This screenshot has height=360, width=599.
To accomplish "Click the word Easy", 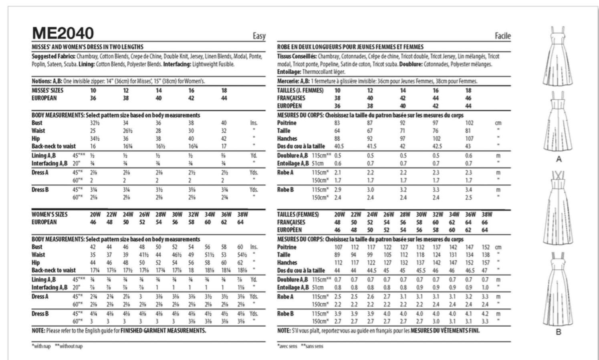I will (x=259, y=36).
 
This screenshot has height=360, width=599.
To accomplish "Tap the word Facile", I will (x=502, y=36).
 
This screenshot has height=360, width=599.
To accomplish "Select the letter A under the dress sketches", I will (x=559, y=159).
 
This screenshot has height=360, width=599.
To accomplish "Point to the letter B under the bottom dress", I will (x=559, y=332).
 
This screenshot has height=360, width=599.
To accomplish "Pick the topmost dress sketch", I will (x=559, y=56).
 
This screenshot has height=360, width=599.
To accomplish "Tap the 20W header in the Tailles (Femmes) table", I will (x=339, y=214).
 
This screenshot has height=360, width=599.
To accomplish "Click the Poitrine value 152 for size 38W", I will (x=486, y=247).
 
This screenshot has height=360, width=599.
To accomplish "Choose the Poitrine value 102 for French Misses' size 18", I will (x=469, y=123).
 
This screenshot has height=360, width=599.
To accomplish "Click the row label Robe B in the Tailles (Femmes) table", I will (x=285, y=314).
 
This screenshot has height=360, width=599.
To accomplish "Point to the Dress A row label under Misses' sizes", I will (x=40, y=173).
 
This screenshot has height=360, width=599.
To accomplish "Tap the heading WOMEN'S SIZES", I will (x=50, y=214).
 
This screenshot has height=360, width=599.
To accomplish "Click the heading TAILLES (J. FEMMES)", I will (x=300, y=91).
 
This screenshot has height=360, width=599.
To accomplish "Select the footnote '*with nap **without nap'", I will (x=57, y=346).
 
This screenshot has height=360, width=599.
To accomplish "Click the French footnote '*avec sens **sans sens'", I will (x=300, y=346).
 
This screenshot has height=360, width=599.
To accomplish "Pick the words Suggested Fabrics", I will (x=53, y=57).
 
